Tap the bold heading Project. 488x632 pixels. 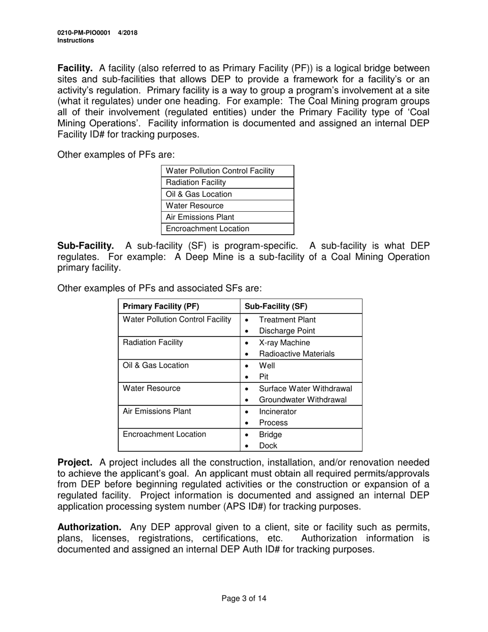pos(74,462)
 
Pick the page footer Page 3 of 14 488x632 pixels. pos(244,598)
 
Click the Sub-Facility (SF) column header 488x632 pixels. pos(275,306)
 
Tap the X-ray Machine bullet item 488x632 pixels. pos(284,342)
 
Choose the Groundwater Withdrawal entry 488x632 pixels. pos(303,400)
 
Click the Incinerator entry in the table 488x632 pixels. pos(277,412)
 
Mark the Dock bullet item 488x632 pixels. pos(268,446)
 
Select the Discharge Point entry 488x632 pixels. pos(287,331)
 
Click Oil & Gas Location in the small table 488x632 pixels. pos(199,194)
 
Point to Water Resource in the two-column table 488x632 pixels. pos(152,388)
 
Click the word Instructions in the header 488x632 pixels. pos(76,41)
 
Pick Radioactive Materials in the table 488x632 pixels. pos(296,354)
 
